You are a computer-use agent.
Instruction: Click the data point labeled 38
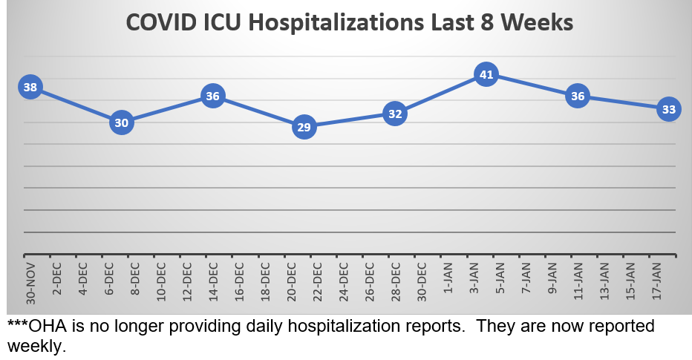[x=30, y=88]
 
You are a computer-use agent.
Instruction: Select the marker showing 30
[x=122, y=122]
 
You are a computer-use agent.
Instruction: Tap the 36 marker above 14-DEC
[x=213, y=96]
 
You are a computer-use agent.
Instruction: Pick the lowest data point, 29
[x=304, y=127]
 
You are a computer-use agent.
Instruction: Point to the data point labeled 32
[x=395, y=114]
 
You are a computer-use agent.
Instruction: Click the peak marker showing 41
[x=486, y=74]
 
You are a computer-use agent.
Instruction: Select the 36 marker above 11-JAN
[x=577, y=96]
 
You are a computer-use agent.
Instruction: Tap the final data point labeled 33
[x=668, y=109]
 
